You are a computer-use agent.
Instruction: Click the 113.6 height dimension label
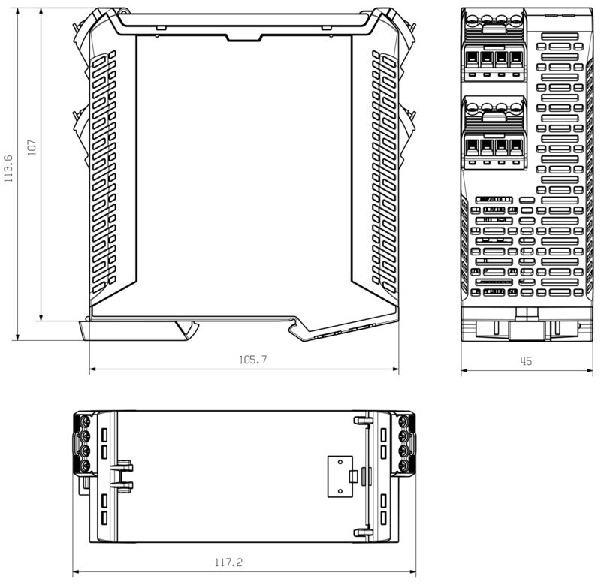8,169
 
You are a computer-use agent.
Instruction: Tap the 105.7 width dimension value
253,360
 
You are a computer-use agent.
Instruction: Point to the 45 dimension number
526,361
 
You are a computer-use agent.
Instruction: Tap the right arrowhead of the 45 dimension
586,369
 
